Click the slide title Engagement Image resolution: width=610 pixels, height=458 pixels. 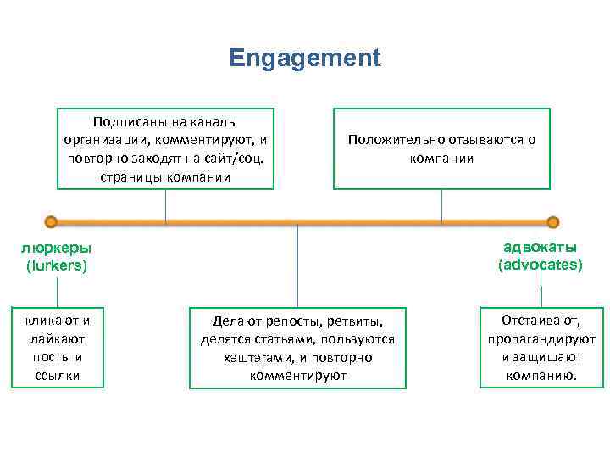305,59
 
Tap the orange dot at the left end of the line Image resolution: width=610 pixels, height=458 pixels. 52,222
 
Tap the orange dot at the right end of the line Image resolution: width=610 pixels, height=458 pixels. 553,222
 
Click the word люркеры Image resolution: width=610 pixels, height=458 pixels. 56,249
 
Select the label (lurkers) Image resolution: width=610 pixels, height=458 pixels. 57,265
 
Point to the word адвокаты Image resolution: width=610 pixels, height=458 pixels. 540,248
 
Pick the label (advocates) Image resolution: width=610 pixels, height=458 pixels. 541,265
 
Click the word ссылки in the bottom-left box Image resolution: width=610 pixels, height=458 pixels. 58,375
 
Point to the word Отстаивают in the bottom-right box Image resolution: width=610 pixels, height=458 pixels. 541,321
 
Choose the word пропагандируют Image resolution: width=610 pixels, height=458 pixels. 541,338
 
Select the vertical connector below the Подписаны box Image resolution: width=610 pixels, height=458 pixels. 166,205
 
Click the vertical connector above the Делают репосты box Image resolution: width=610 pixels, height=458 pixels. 297,263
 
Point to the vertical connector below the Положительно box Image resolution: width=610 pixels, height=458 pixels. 441,205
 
